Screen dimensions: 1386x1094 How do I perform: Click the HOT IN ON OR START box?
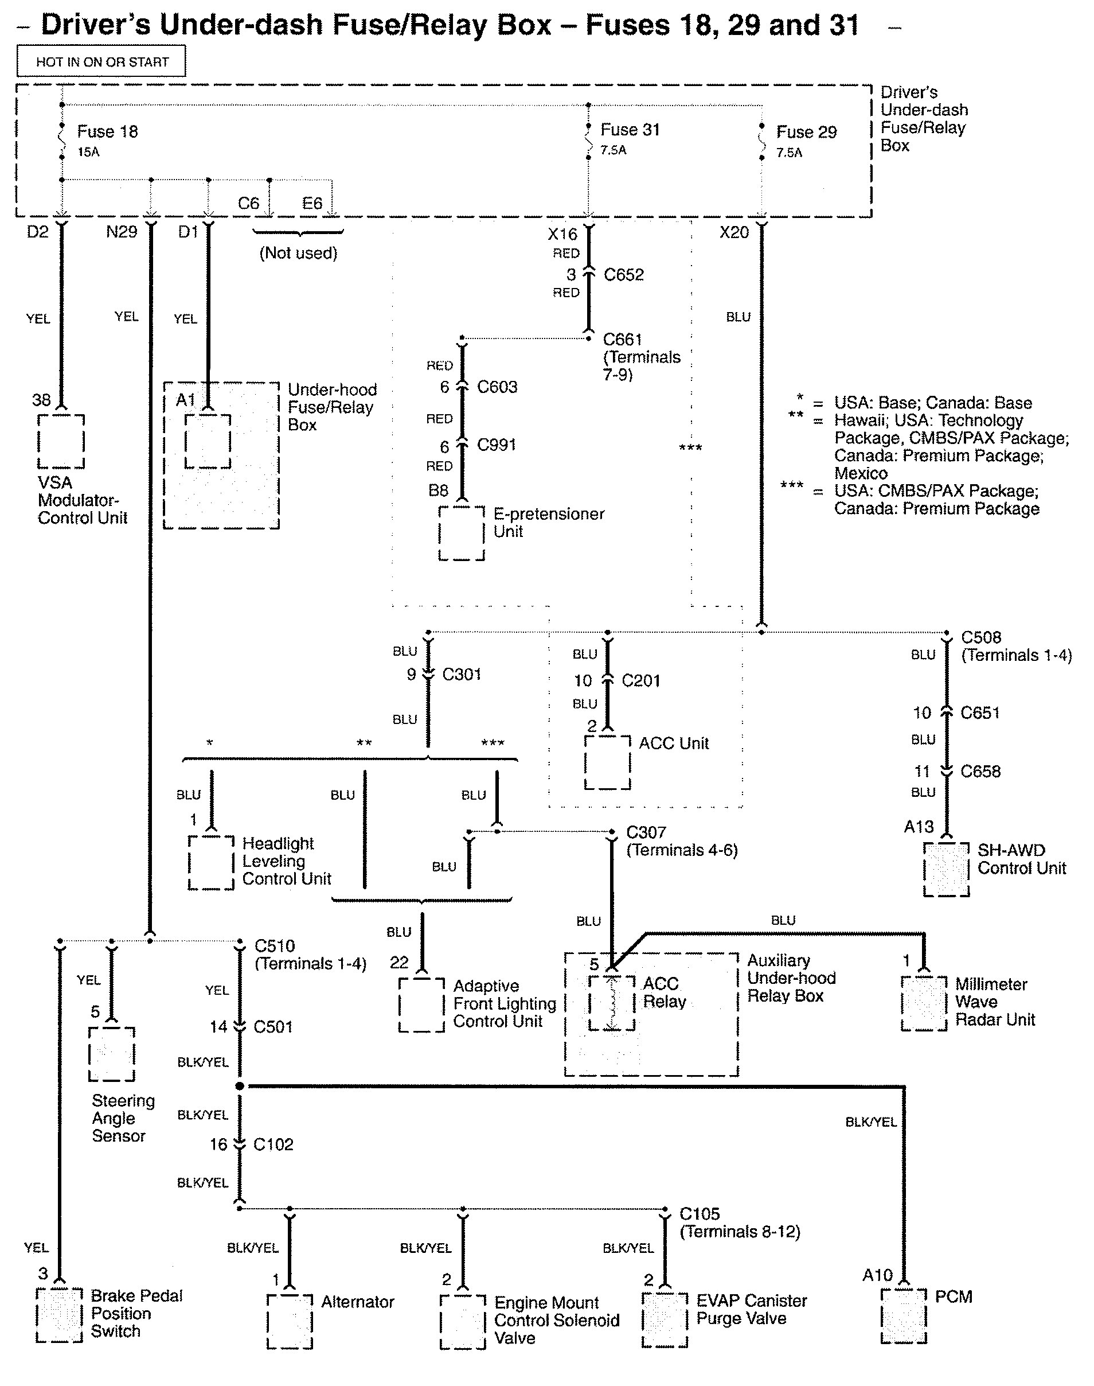[101, 61]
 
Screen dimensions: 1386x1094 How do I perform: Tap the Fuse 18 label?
[107, 131]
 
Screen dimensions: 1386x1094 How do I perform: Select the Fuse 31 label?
[630, 130]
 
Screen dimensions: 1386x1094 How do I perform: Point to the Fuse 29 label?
[806, 132]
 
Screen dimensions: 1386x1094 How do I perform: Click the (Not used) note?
[298, 253]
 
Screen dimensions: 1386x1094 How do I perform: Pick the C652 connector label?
[623, 275]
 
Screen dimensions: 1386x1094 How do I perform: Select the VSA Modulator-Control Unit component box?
[61, 442]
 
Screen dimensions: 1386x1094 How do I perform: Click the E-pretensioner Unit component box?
[461, 533]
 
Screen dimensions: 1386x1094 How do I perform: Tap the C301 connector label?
[461, 674]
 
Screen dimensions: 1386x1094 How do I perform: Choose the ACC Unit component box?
[607, 762]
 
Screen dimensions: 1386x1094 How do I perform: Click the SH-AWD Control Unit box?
[946, 870]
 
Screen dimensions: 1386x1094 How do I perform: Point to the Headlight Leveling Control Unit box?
[211, 862]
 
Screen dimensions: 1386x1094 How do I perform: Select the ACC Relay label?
[663, 992]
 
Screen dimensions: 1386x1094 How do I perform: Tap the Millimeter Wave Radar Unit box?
[924, 1003]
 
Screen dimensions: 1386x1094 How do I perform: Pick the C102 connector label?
[273, 1144]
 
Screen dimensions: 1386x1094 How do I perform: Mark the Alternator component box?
[290, 1321]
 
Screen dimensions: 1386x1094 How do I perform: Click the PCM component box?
[904, 1316]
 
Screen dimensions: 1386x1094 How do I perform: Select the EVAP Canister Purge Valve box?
[665, 1320]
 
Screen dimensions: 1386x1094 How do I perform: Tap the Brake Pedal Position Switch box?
[59, 1315]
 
